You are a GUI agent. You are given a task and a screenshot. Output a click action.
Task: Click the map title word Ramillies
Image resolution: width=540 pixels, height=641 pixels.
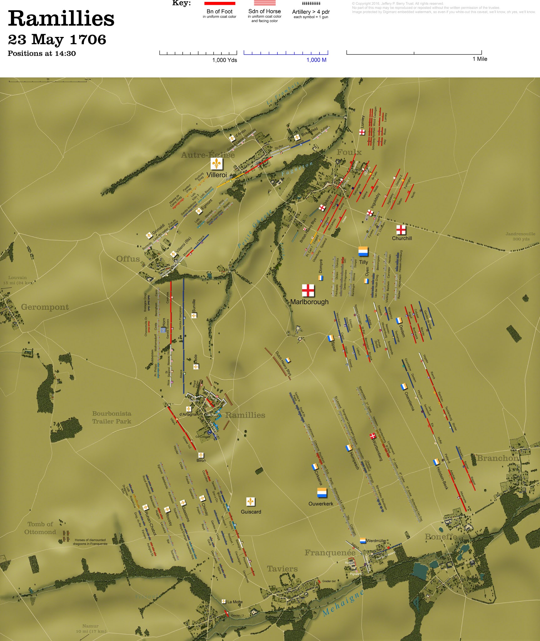[61, 19]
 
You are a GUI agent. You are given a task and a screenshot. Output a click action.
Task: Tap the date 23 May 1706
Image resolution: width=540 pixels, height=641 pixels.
[57, 40]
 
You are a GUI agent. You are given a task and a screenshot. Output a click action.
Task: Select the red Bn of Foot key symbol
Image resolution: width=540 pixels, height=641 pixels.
[220, 3]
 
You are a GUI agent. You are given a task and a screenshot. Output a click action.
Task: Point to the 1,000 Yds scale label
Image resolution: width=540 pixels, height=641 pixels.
[225, 60]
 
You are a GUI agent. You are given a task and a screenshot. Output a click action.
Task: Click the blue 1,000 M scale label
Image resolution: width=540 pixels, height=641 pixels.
[316, 60]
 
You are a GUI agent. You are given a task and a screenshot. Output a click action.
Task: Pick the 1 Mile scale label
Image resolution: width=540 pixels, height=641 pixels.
[480, 59]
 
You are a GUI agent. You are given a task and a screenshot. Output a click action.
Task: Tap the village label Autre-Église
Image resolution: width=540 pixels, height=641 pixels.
[208, 155]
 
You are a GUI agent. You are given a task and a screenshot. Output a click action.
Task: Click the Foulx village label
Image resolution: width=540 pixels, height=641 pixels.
[349, 152]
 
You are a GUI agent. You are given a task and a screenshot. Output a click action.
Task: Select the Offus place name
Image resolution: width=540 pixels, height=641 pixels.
[128, 259]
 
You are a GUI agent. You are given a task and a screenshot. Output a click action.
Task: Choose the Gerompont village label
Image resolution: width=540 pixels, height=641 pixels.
[45, 307]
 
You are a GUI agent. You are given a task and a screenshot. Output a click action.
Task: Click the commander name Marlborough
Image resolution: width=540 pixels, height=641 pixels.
[309, 302]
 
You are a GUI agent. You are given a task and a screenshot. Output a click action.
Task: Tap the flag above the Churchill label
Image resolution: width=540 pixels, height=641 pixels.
[401, 230]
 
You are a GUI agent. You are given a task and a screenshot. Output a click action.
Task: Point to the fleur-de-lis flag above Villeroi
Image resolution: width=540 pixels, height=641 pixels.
[216, 164]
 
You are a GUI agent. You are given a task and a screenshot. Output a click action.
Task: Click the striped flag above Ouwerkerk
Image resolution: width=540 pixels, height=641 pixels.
[322, 493]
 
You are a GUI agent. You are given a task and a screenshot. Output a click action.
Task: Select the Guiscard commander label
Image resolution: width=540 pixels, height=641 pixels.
[251, 512]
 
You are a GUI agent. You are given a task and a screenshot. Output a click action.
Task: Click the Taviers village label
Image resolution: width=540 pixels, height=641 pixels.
[282, 569]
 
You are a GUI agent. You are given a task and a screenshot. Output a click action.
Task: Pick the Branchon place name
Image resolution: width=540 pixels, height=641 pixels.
[497, 458]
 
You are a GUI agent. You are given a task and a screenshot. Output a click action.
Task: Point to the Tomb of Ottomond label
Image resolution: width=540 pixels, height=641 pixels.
[40, 528]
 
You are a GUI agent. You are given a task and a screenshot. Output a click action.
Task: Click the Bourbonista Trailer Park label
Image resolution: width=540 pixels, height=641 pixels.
[112, 417]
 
